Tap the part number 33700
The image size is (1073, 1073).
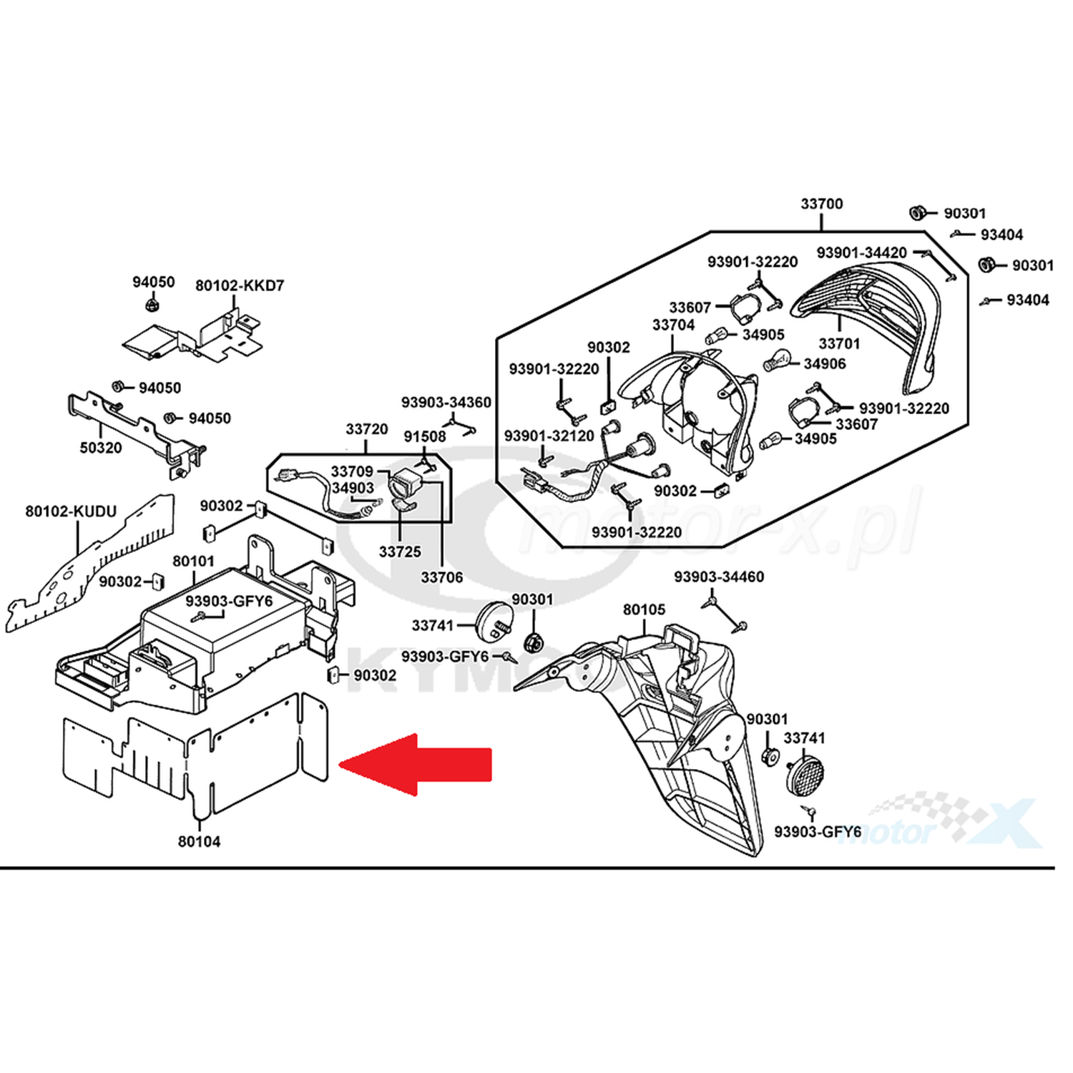(821, 204)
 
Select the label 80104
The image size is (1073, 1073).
(199, 842)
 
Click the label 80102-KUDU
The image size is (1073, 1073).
(71, 511)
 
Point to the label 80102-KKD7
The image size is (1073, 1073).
(240, 285)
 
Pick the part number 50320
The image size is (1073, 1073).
(101, 448)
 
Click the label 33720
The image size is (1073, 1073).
(366, 429)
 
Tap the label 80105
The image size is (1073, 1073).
(644, 609)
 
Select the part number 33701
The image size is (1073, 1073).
(839, 343)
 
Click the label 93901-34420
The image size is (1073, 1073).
(861, 253)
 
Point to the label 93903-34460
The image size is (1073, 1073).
(719, 577)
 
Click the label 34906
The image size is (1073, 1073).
(824, 364)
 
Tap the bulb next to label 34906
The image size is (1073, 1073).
(777, 360)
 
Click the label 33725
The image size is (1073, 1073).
(400, 552)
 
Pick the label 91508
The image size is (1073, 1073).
(424, 436)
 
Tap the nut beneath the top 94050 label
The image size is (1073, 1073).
(151, 306)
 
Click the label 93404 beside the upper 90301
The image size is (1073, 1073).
(1001, 235)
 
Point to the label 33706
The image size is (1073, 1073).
(441, 577)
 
